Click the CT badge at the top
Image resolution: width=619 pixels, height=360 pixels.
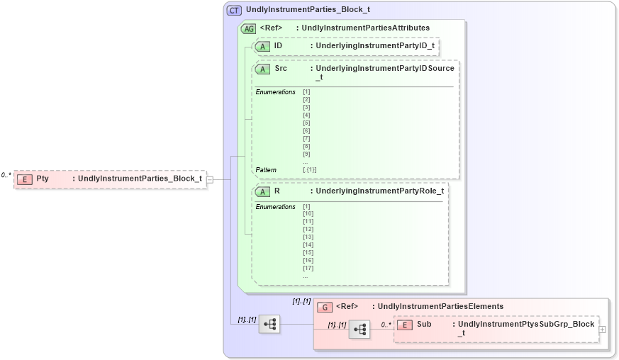(x=234, y=11)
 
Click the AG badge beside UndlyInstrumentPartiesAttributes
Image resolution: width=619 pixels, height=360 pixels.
(x=249, y=28)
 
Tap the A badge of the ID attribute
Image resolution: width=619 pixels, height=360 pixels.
(x=262, y=46)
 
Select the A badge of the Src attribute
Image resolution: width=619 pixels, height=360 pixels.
(x=262, y=69)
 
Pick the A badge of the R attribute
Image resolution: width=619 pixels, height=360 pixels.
(x=262, y=191)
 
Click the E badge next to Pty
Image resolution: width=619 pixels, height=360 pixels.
(x=25, y=179)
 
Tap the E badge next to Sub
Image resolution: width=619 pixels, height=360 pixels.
(x=404, y=325)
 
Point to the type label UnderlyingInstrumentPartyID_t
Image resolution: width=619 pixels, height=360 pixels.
(x=375, y=46)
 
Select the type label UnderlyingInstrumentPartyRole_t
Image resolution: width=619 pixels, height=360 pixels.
(x=380, y=191)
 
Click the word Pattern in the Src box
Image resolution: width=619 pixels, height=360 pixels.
(x=267, y=170)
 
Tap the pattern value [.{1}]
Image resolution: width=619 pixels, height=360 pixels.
(x=310, y=170)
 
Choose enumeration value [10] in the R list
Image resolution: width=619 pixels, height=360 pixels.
(x=308, y=214)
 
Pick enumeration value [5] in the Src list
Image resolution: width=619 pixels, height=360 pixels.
(x=306, y=123)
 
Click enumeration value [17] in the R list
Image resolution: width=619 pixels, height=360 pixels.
(x=308, y=268)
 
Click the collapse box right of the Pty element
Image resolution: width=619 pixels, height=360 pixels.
(x=210, y=179)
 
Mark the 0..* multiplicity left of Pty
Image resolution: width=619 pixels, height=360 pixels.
(x=6, y=175)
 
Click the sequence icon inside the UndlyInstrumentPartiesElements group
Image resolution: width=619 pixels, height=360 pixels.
(x=359, y=329)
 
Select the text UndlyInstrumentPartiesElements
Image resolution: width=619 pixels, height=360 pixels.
(x=440, y=307)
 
